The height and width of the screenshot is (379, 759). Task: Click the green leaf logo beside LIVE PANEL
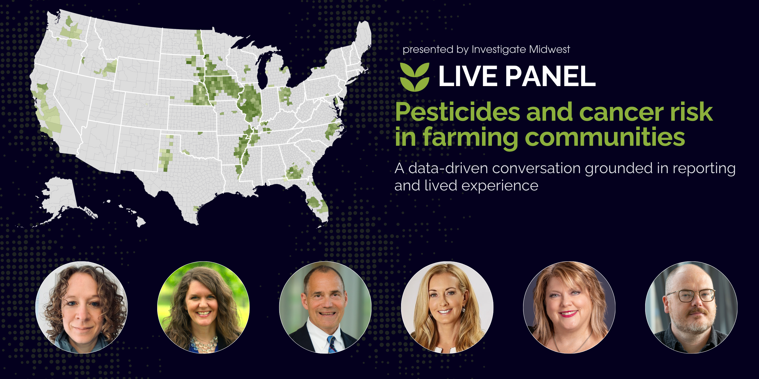tap(414, 77)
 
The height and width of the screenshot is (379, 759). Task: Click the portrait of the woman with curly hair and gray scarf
tap(81, 307)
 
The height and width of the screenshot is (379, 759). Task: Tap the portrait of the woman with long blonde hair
tap(447, 307)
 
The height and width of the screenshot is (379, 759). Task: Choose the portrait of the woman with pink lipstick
tap(569, 307)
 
